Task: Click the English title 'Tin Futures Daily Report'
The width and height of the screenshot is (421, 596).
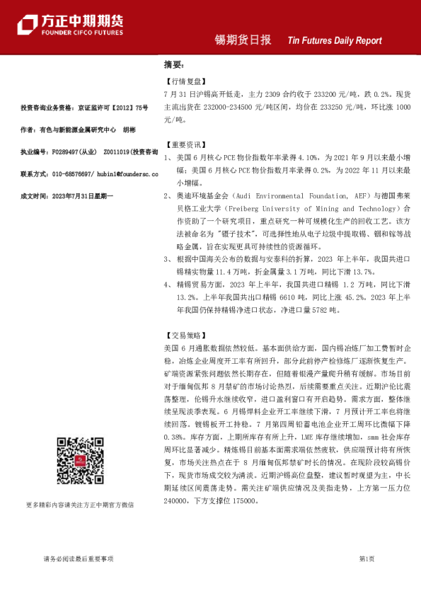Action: click(335, 41)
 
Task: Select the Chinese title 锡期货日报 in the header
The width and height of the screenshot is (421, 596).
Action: click(243, 40)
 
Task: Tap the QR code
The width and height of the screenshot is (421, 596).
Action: click(79, 461)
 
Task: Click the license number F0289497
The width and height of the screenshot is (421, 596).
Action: click(62, 151)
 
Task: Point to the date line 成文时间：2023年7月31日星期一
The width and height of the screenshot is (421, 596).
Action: click(67, 195)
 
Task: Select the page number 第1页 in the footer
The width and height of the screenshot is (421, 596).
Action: click(367, 558)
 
